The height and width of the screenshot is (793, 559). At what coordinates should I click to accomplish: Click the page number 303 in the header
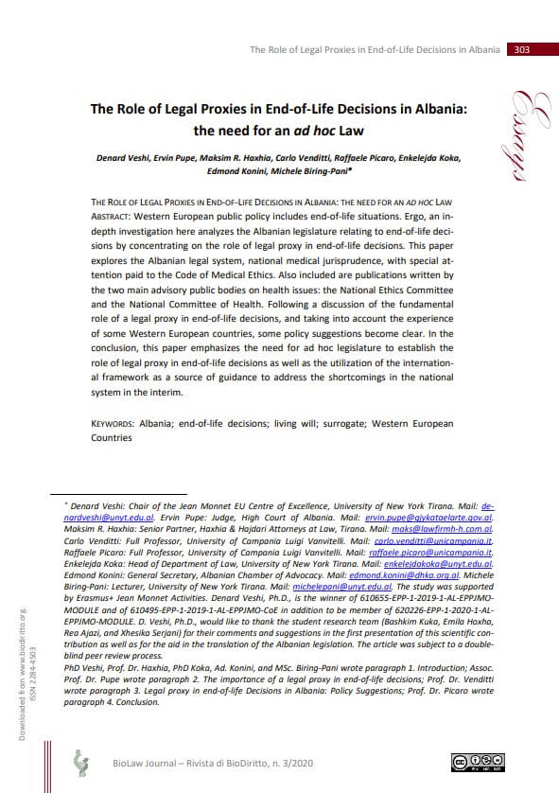pos(521,49)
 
